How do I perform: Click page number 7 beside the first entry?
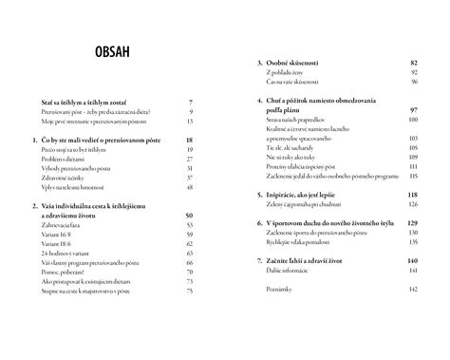coord(192,101)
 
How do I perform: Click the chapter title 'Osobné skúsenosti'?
coord(305,62)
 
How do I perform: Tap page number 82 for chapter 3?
coord(413,62)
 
